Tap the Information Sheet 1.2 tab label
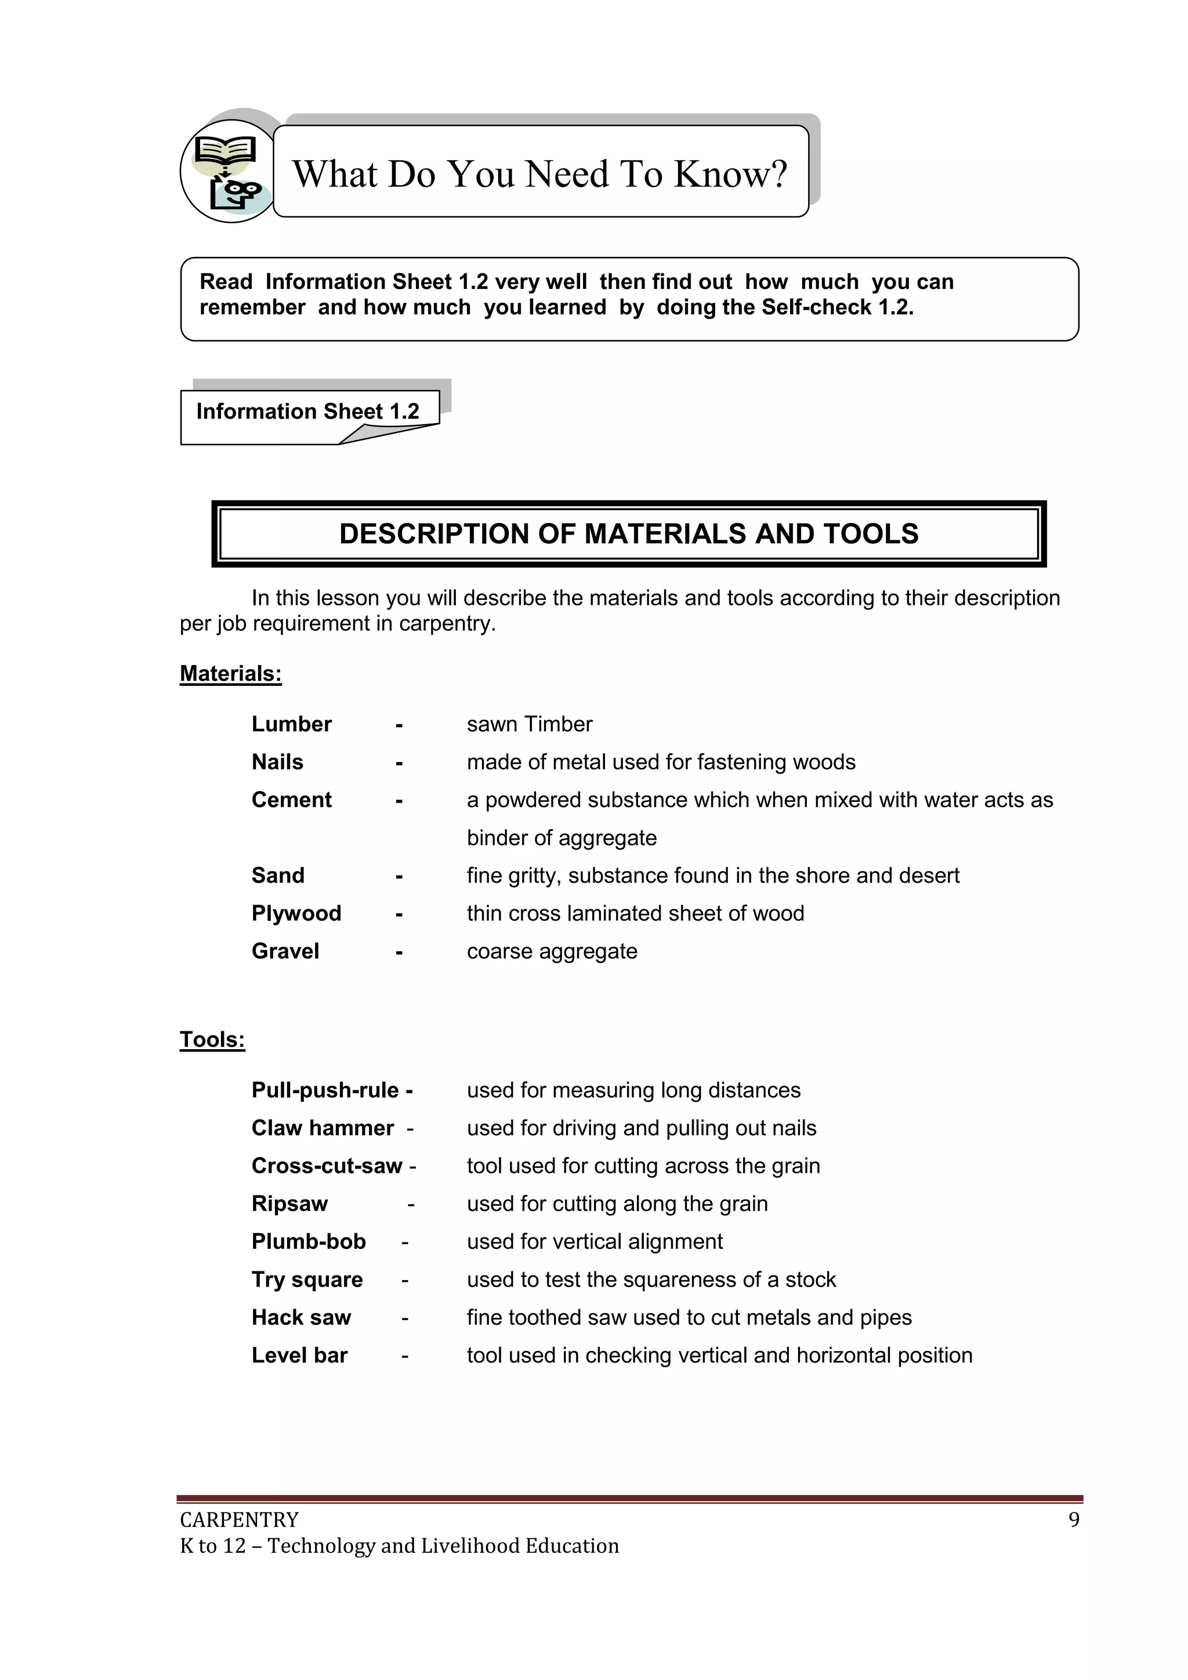[308, 411]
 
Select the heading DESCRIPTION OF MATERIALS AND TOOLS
[628, 533]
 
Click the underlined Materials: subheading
[230, 673]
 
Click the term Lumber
[291, 724]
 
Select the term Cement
[291, 799]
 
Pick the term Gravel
[285, 951]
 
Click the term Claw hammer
[323, 1128]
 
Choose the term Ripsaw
[289, 1203]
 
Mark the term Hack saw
[302, 1317]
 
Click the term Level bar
[299, 1355]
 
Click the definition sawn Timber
[530, 724]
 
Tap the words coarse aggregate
[552, 951]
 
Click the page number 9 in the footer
[1074, 1520]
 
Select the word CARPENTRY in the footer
[239, 1520]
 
